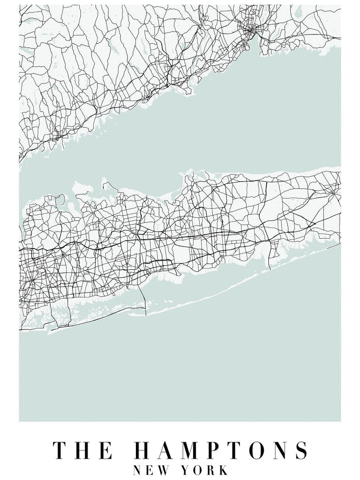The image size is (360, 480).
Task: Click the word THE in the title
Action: tap(83, 451)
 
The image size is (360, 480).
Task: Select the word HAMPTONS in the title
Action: tap(221, 451)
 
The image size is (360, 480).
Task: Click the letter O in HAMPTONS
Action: tap(256, 451)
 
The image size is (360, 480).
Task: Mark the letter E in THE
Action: tap(106, 451)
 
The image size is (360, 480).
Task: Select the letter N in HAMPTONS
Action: tap(279, 451)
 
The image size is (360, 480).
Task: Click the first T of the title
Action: tap(60, 451)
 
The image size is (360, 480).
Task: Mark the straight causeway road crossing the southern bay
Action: tap(145, 300)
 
